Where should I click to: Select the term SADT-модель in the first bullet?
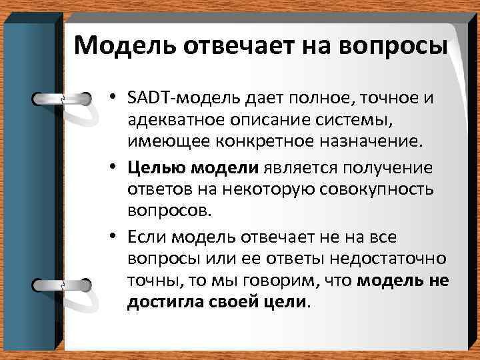pos(172,99)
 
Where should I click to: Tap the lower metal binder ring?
pos(62,284)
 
